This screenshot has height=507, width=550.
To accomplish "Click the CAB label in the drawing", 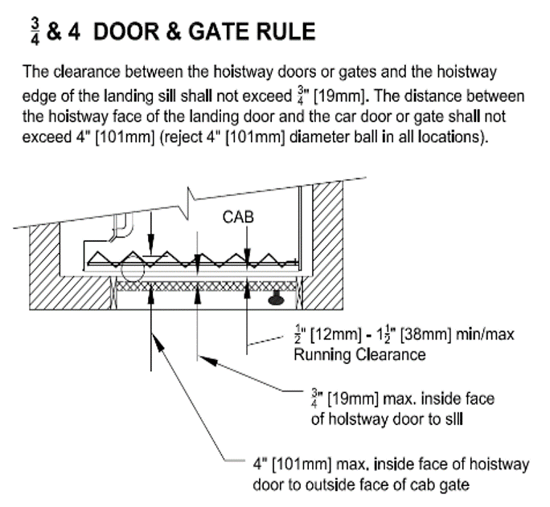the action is (238, 217).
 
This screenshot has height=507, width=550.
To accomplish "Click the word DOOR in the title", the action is (126, 31).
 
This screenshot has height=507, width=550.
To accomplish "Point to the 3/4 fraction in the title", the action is (35, 32).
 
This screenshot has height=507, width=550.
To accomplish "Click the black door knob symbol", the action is (276, 298).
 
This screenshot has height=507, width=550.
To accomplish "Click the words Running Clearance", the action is (359, 354).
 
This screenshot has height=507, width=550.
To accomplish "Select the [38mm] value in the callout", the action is (425, 334).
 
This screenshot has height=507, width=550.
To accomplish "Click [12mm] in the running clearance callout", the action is (335, 334).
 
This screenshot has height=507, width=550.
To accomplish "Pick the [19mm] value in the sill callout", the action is (353, 399).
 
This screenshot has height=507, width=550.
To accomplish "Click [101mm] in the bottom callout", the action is (302, 464).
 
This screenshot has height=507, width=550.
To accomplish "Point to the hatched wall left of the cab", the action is (44, 266).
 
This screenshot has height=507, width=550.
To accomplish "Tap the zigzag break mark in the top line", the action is (190, 204).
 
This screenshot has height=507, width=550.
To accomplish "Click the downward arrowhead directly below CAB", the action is (248, 254).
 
